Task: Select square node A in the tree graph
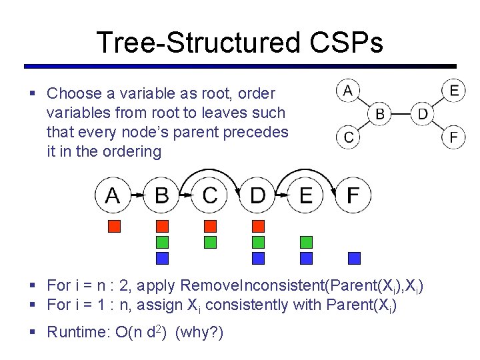tap(347, 90)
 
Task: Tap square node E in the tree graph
tap(453, 90)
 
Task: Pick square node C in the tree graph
tap(347, 138)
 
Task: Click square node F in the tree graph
tap(453, 138)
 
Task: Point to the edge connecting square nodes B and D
tap(401, 114)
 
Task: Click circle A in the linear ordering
tap(113, 195)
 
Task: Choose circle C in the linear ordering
tap(209, 195)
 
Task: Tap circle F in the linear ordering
tap(353, 195)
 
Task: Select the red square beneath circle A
tap(114, 226)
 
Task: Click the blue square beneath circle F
tap(354, 257)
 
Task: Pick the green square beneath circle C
tap(210, 242)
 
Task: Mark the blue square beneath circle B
tap(162, 257)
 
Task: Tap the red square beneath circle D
tap(258, 226)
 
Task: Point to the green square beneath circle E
tap(306, 242)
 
